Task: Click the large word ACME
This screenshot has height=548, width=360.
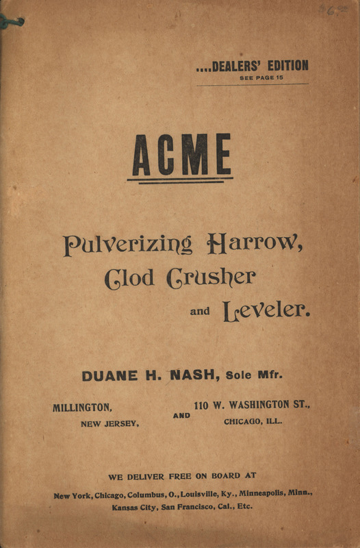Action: [181, 155]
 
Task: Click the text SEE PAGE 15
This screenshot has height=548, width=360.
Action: [261, 78]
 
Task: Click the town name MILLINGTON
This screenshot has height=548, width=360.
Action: [83, 408]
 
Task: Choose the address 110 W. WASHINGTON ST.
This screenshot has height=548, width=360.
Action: [252, 406]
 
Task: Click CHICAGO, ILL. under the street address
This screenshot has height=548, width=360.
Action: [253, 422]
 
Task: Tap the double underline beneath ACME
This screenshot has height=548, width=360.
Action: [180, 180]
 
